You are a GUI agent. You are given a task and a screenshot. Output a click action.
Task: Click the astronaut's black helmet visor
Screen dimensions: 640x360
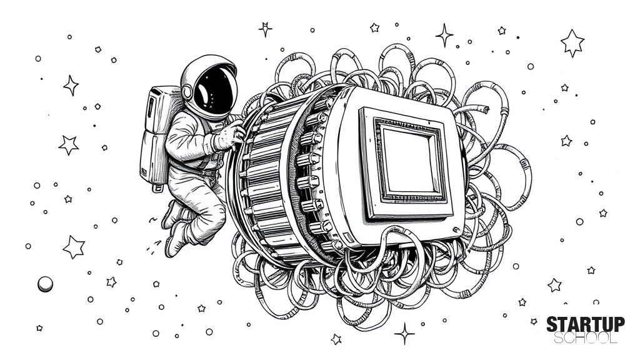[x=215, y=91]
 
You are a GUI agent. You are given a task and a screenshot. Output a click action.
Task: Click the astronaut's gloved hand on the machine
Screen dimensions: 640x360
[x=232, y=135]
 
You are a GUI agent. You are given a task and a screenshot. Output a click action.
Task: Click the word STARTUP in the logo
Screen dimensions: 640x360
[x=585, y=324]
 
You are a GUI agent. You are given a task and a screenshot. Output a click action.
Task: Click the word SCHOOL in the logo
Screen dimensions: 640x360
[x=585, y=338]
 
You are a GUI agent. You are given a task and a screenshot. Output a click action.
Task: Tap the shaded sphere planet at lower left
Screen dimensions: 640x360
[x=45, y=284]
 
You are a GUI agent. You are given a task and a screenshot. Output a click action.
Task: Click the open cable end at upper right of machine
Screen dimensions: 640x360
[x=484, y=109]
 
